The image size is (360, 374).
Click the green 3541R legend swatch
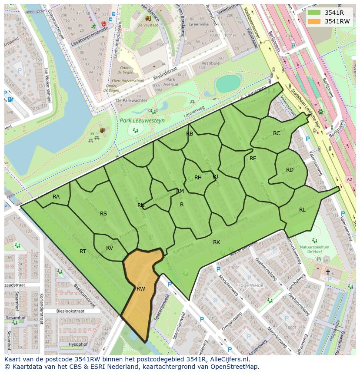click(x=313, y=13)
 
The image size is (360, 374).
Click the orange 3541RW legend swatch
click(x=313, y=21)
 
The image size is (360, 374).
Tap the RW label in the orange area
click(x=140, y=288)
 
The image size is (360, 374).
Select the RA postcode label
click(x=56, y=197)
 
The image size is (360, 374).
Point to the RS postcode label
click(x=103, y=213)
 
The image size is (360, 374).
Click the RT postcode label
click(x=83, y=251)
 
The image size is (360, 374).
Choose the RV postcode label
click(x=110, y=248)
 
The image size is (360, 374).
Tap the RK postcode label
click(x=217, y=242)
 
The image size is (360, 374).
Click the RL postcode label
click(x=302, y=209)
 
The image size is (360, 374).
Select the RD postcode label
click(x=290, y=170)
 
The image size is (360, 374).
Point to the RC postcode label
click(x=277, y=133)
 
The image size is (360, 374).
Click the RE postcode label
click(x=253, y=159)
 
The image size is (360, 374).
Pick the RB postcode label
click(x=190, y=134)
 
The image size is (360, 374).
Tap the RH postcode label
click(x=198, y=177)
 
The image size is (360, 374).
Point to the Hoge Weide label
click(x=250, y=285)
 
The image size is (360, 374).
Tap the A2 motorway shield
click(x=349, y=179)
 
